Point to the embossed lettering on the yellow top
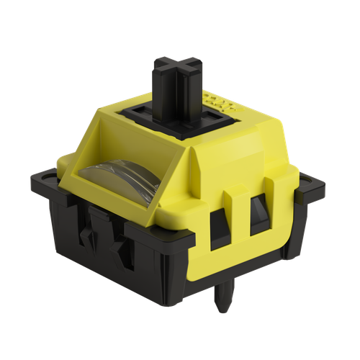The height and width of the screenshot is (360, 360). point(214,102)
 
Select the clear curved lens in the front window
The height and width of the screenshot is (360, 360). point(120,184)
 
